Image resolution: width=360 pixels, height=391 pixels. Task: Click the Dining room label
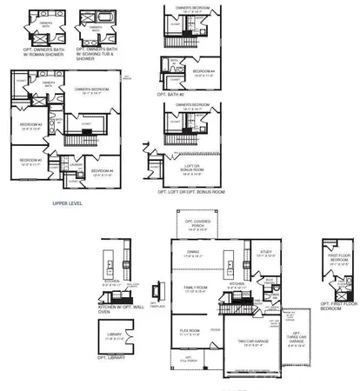coord(194,254)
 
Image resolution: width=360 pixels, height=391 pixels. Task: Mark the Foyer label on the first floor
coord(217,329)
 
